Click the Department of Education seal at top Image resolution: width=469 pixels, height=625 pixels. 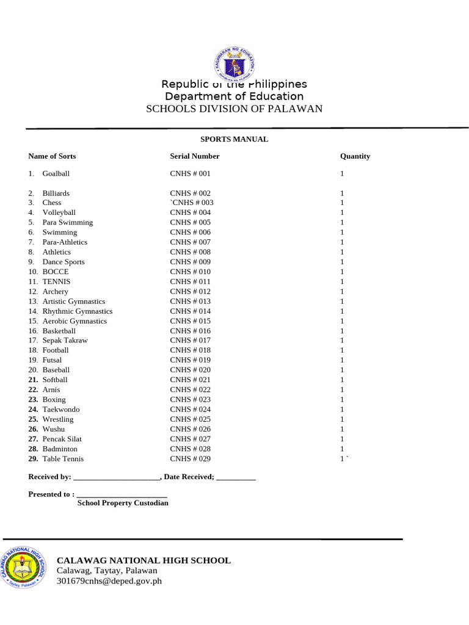point(234,65)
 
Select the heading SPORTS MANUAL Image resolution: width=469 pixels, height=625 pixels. point(234,139)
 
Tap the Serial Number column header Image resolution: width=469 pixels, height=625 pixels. point(194,156)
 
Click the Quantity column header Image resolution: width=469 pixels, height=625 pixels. point(355,156)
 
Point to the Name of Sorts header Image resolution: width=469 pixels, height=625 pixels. point(52,156)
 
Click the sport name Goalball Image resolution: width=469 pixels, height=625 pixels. point(56,174)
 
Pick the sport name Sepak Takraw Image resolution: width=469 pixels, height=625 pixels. point(65,341)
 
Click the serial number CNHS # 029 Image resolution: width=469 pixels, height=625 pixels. point(190,459)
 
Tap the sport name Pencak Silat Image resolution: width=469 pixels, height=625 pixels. point(62,439)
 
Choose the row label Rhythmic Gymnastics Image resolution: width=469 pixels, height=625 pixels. point(77,311)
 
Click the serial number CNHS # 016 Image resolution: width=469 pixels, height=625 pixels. point(190,331)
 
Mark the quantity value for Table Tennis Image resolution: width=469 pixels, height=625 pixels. point(343,459)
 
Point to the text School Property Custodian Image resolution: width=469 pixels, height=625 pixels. point(123,504)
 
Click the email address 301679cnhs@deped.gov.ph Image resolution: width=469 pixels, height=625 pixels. point(109,582)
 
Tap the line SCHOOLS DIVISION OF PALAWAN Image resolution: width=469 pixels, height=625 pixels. point(234,109)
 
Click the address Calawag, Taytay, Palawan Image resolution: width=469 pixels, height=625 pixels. point(107,571)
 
